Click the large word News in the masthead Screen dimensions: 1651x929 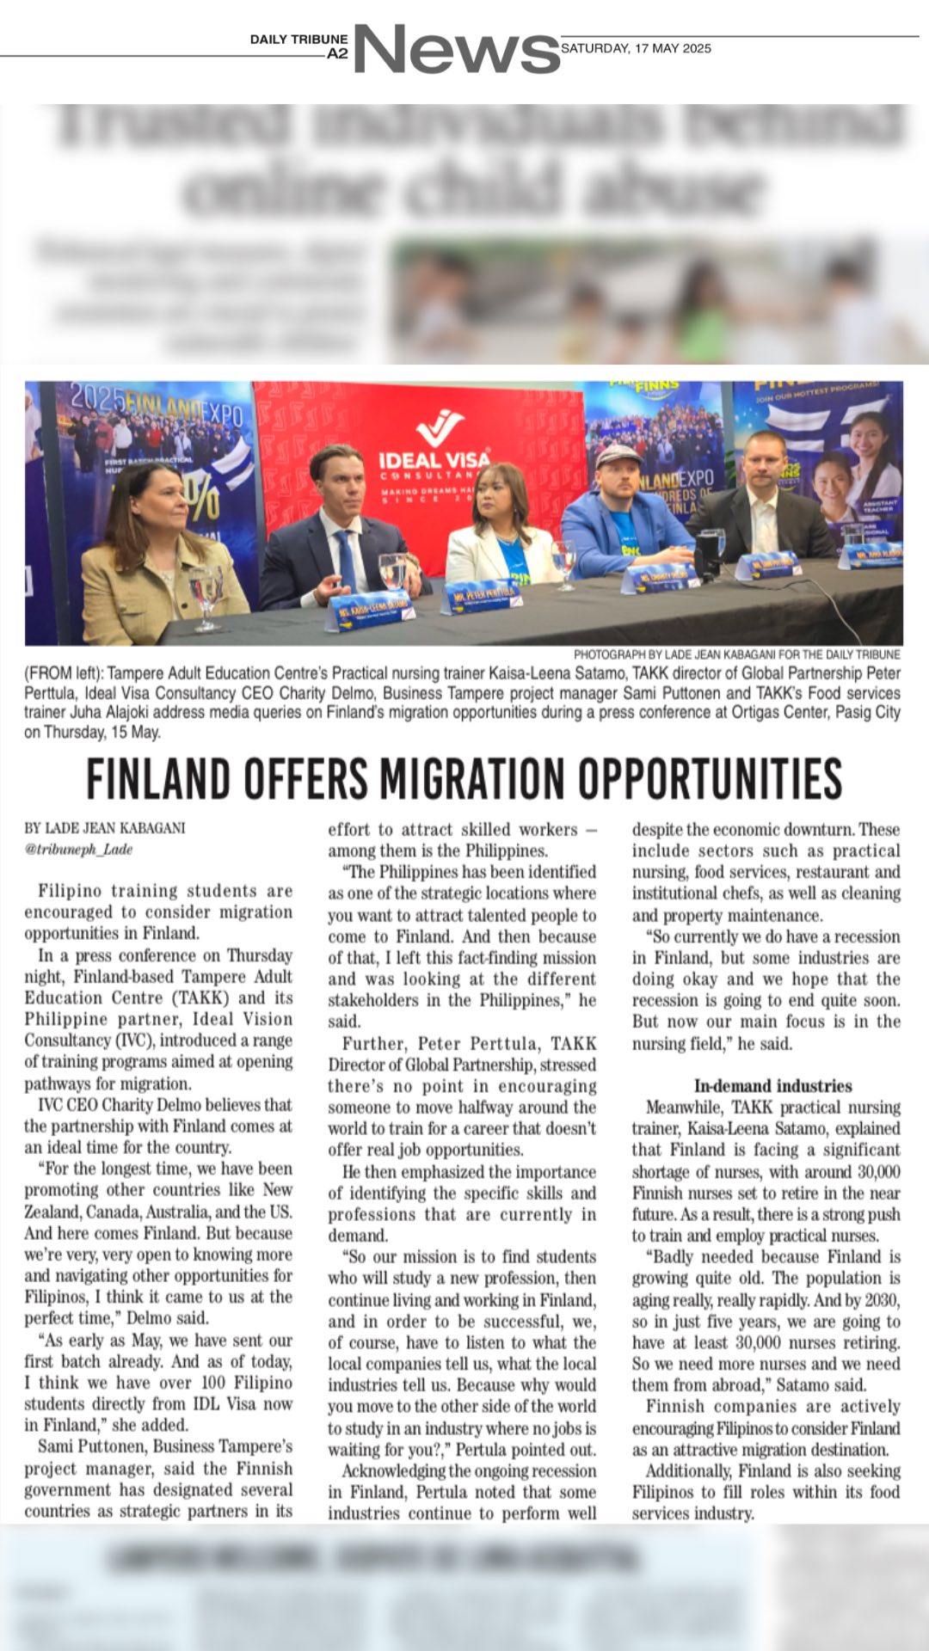click(456, 50)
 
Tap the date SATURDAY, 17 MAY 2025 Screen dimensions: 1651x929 click(636, 48)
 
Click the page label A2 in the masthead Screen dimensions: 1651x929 click(337, 53)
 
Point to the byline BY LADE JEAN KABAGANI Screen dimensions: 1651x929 click(105, 828)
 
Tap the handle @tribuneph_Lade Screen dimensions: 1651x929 click(78, 849)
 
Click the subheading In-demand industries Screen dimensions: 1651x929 click(772, 1086)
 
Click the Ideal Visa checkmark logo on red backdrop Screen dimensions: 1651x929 click(439, 427)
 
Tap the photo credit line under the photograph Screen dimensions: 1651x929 click(736, 654)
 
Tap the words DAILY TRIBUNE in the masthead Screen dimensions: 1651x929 click(298, 40)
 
